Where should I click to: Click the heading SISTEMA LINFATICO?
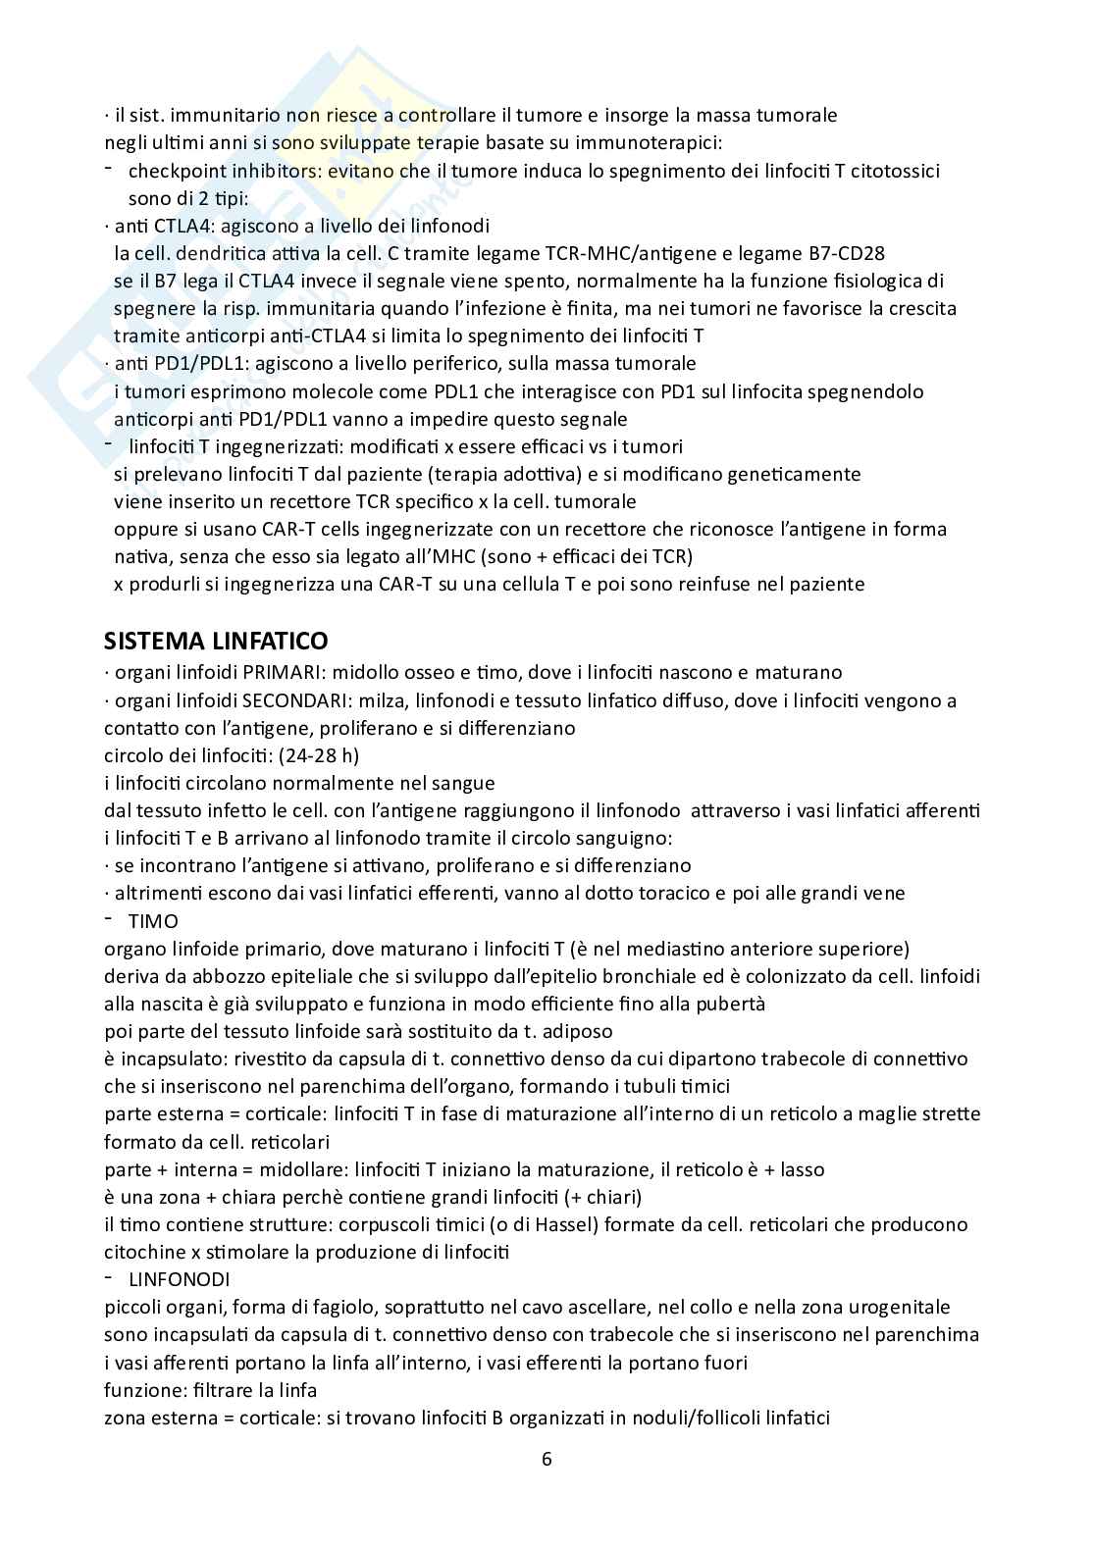tap(216, 642)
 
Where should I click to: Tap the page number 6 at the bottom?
tap(547, 1458)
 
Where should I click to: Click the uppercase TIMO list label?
tap(153, 920)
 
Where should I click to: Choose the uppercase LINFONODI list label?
tap(179, 1279)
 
